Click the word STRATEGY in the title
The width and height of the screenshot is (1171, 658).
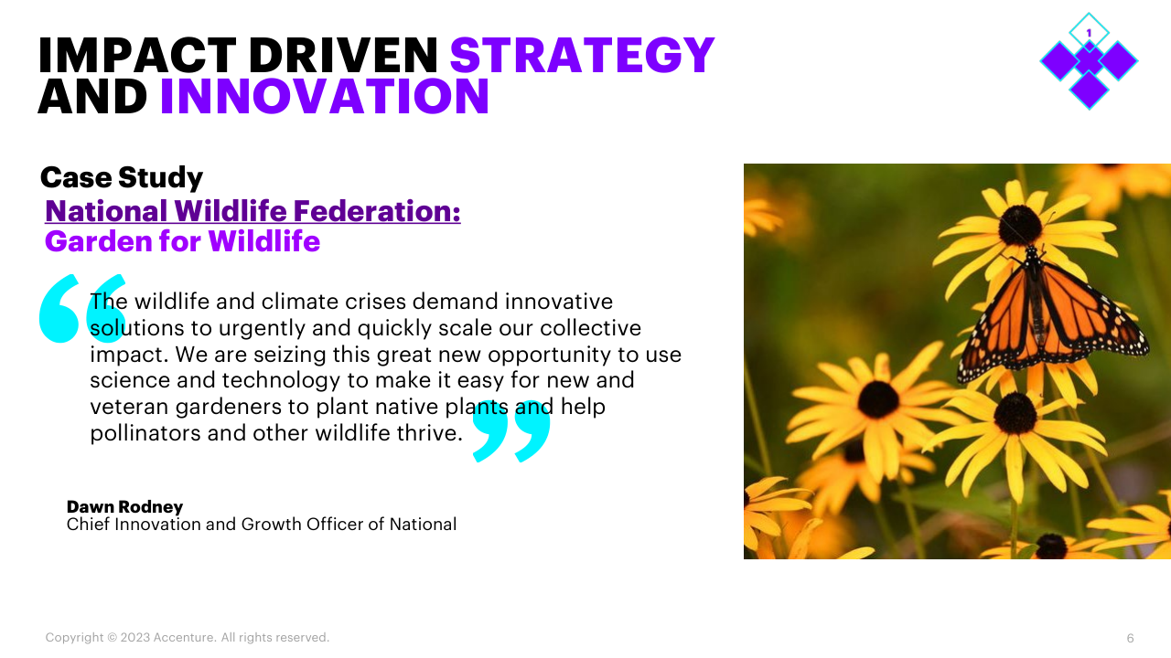tap(582, 55)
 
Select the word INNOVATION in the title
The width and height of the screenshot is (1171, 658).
tap(325, 96)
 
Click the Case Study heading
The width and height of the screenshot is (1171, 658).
tap(122, 177)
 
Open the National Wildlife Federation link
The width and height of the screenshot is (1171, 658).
tap(253, 211)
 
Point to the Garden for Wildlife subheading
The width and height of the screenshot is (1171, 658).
tap(182, 241)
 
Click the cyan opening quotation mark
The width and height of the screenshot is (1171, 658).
tap(82, 308)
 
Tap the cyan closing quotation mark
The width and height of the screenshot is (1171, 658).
tap(511, 430)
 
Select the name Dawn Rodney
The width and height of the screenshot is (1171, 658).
tap(125, 506)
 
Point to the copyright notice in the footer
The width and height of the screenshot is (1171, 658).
tap(188, 638)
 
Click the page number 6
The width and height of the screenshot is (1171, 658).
tap(1130, 638)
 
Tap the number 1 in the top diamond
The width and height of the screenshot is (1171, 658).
tap(1089, 33)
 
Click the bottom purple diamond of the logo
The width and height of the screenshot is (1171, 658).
tap(1089, 90)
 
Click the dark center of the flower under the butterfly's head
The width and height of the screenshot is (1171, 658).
tap(1020, 226)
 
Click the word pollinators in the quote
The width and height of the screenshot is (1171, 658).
tap(145, 433)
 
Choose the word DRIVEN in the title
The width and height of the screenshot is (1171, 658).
tap(343, 55)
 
